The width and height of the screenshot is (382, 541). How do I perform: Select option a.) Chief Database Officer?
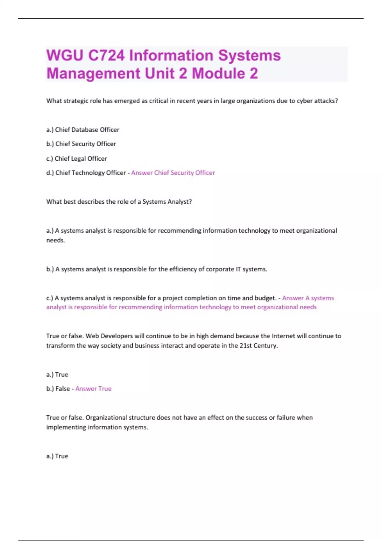point(83,130)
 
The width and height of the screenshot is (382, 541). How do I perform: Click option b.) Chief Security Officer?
point(81,144)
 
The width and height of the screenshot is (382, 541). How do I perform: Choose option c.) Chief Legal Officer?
point(77,158)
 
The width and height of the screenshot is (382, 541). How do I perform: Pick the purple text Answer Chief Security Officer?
point(173,173)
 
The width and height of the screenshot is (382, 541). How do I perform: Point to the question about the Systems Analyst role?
point(119,202)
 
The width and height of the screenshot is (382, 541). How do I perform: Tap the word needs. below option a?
point(56,240)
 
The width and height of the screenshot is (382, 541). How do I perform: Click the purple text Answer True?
point(93,389)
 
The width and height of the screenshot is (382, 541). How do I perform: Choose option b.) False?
point(58,389)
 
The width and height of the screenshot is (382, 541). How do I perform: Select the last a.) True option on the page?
point(57,456)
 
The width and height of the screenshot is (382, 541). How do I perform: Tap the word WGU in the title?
point(65,55)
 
